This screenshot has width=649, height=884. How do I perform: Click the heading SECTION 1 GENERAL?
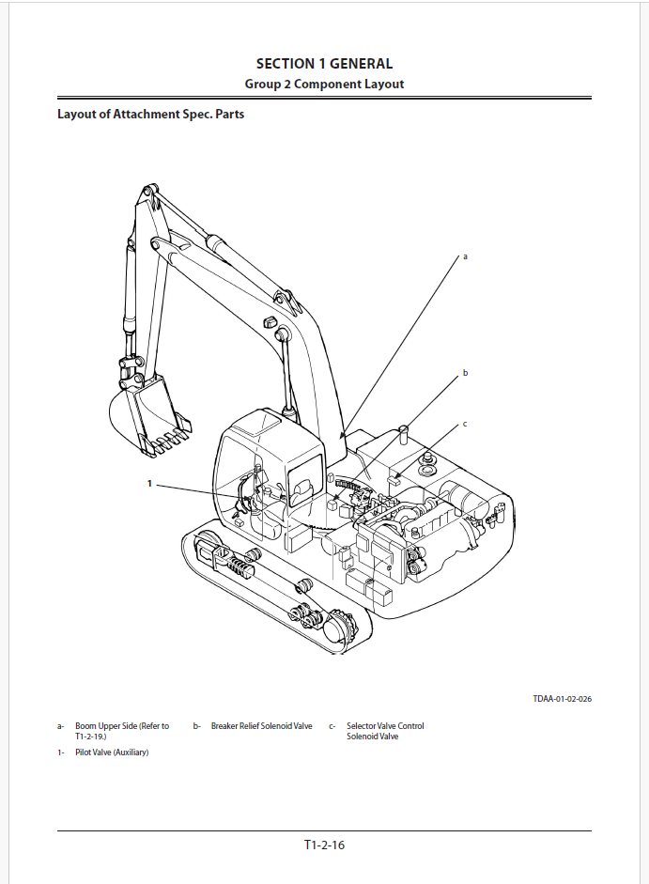click(324, 64)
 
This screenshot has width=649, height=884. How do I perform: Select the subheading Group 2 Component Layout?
click(324, 84)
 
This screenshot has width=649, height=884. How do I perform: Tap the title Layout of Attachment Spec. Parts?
click(151, 116)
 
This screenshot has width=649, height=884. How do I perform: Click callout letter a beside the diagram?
click(464, 256)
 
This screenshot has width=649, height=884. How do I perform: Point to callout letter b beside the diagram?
click(464, 374)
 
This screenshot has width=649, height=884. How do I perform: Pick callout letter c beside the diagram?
click(464, 425)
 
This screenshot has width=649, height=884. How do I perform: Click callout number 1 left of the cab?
click(149, 484)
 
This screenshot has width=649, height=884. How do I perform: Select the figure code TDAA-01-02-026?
click(562, 699)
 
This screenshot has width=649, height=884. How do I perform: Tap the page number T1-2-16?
click(324, 845)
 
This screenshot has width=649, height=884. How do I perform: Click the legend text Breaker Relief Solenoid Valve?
click(261, 726)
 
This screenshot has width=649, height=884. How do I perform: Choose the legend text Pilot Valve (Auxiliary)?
click(112, 752)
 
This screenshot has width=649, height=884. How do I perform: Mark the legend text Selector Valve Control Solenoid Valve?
click(385, 731)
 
